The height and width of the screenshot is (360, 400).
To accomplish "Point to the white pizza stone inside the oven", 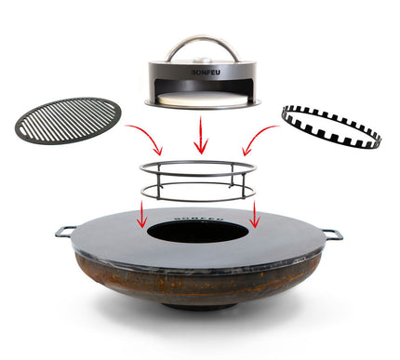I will [200, 97].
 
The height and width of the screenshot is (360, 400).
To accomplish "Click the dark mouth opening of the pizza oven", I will [200, 89].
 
